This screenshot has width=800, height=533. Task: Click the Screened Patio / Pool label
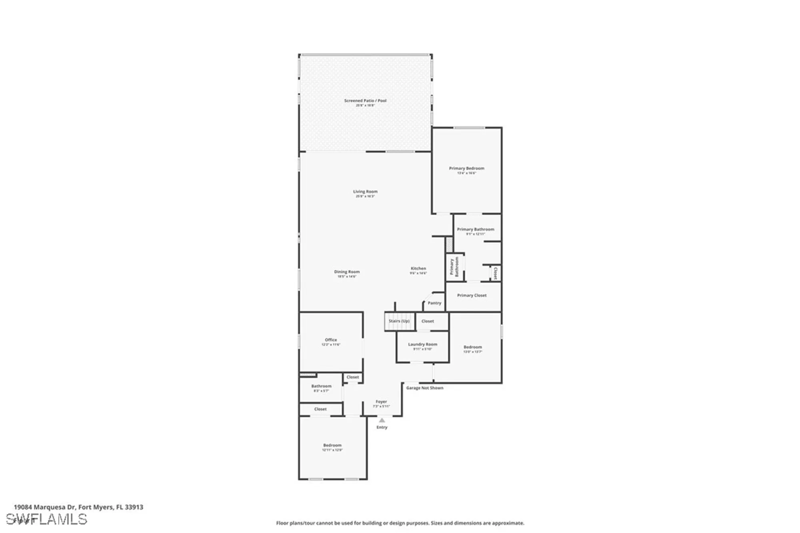point(365,101)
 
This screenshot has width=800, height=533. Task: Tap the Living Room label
point(365,192)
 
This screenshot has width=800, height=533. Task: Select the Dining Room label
point(347,272)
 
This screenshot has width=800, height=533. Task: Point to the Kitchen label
point(418,269)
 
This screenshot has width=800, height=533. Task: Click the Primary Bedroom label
point(466,169)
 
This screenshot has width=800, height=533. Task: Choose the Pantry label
point(434,303)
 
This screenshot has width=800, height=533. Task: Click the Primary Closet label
point(472,296)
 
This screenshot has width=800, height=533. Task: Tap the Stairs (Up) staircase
point(399,322)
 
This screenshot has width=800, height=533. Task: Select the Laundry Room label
point(422,344)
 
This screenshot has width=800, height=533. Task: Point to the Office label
point(331,340)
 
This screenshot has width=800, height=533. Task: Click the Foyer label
point(381,402)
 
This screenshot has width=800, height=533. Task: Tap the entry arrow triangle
point(382,420)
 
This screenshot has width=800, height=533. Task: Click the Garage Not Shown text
point(424,388)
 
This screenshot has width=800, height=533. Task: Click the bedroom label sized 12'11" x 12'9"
point(332,445)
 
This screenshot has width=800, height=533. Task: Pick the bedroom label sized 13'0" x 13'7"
point(472,347)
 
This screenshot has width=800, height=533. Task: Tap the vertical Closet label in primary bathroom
point(495,273)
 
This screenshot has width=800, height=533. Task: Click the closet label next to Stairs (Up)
point(428,321)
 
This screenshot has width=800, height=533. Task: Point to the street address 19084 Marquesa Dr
point(78,507)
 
